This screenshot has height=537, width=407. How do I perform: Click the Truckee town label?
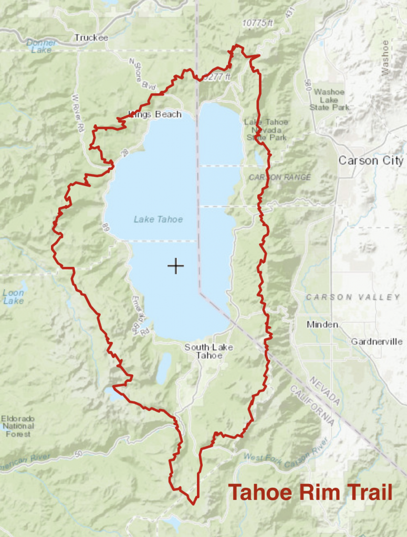(91, 38)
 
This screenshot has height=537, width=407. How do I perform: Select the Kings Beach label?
(155, 114)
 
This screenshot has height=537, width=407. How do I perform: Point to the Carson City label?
(371, 160)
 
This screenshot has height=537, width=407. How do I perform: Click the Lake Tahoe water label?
(158, 219)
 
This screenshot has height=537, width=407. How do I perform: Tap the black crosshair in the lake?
(175, 266)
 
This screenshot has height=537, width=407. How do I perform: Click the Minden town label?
(322, 325)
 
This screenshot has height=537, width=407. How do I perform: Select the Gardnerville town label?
(376, 341)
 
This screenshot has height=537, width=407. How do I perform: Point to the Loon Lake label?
(13, 297)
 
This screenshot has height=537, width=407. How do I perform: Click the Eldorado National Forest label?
(18, 426)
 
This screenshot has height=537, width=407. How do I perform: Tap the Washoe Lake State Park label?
(329, 100)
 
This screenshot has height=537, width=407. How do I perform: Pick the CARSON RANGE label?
(279, 177)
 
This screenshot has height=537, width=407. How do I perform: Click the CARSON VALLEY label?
(353, 297)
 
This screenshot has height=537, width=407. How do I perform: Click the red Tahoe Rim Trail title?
(310, 493)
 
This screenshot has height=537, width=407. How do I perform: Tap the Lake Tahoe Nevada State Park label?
(266, 130)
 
